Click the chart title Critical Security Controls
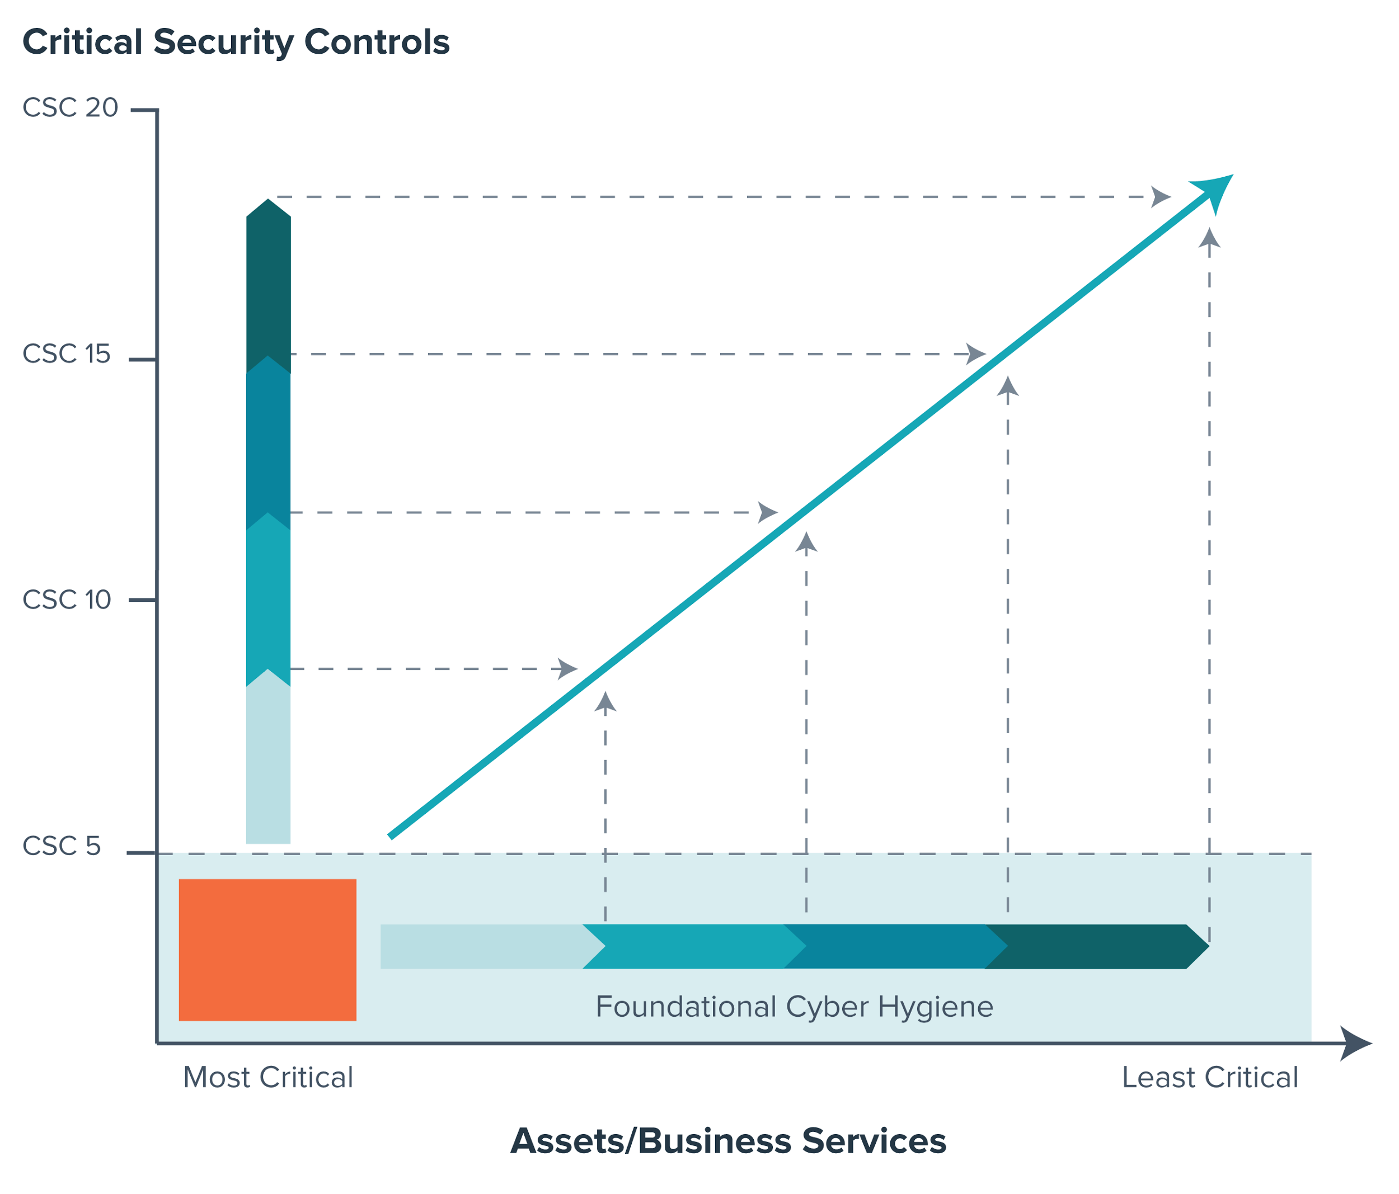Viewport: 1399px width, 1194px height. pyautogui.click(x=236, y=42)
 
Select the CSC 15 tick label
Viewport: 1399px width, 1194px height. pyautogui.click(x=66, y=353)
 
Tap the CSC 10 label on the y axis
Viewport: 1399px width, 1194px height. pyautogui.click(x=66, y=600)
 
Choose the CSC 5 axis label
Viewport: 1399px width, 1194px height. pyautogui.click(x=62, y=846)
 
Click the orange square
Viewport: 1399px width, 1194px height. pyautogui.click(x=267, y=950)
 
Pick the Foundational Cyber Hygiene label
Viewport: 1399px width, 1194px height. pyautogui.click(x=794, y=1006)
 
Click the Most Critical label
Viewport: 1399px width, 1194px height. pyautogui.click(x=268, y=1077)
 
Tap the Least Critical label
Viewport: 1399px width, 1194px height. pyautogui.click(x=1210, y=1077)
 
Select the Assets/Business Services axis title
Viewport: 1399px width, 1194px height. pyautogui.click(x=728, y=1141)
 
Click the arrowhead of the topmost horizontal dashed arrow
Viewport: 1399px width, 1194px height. pyautogui.click(x=1160, y=197)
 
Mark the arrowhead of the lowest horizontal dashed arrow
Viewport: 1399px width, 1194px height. pyautogui.click(x=567, y=669)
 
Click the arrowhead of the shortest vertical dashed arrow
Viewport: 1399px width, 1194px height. pyautogui.click(x=605, y=702)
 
